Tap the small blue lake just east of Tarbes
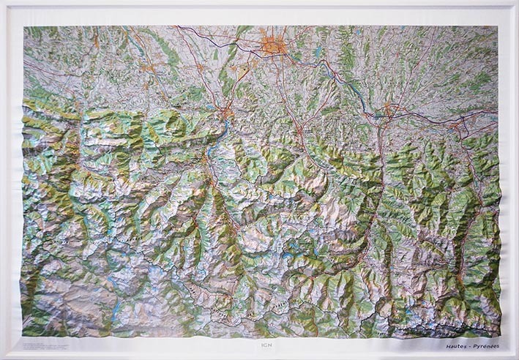[x=315, y=52]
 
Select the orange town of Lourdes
[x=227, y=113]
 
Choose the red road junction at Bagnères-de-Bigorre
[x=299, y=131]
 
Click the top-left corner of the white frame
[x=2, y=2]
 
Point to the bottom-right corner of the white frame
[x=516, y=357]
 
